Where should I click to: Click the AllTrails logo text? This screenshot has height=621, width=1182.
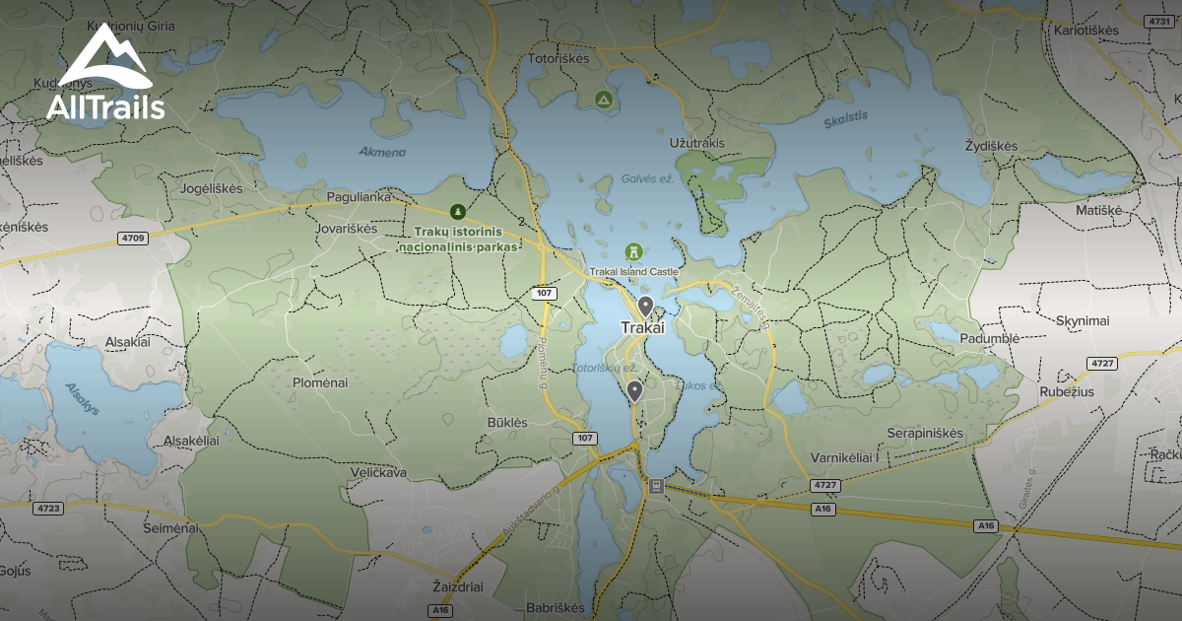(105, 107)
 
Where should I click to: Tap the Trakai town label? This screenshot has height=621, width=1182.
(643, 327)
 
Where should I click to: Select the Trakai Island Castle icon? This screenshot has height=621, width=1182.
(634, 252)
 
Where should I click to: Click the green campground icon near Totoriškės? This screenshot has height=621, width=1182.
(603, 100)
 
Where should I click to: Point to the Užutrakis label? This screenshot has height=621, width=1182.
(696, 143)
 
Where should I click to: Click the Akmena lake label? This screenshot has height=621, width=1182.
(383, 152)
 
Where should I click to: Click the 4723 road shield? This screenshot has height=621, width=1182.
(47, 508)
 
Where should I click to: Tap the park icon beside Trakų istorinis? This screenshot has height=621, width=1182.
(457, 211)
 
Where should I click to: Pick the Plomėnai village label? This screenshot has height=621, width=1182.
(320, 382)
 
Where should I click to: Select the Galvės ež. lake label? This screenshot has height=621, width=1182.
(646, 178)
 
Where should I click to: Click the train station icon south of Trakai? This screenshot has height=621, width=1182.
(655, 486)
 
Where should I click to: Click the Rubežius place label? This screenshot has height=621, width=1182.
(1066, 391)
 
